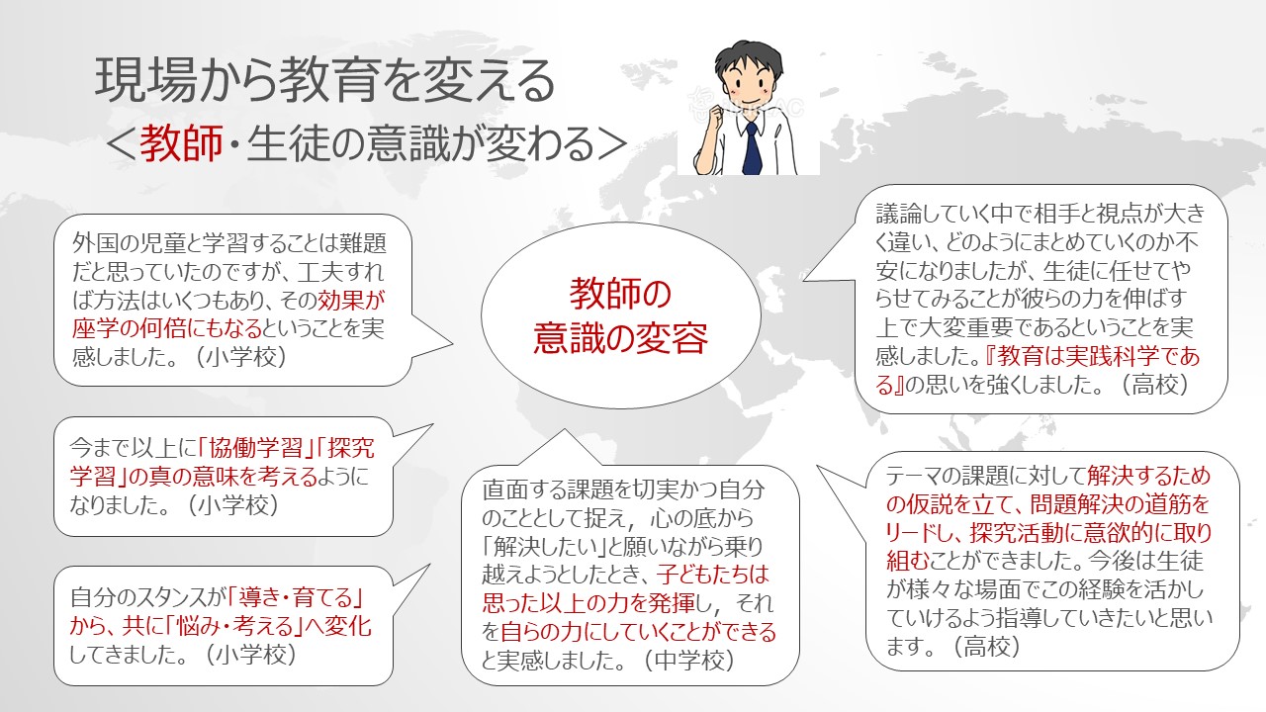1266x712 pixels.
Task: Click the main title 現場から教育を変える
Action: [325, 81]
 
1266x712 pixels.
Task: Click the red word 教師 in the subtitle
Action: [181, 143]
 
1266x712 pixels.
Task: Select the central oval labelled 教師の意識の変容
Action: [620, 314]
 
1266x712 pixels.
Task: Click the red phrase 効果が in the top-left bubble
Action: [351, 300]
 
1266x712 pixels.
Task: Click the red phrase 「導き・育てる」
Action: [296, 597]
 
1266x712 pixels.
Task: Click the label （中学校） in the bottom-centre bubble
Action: [689, 660]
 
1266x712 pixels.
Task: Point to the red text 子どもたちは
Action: [713, 575]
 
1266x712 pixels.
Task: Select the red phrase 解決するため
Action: [1148, 476]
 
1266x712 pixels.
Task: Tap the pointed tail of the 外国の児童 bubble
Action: [452, 343]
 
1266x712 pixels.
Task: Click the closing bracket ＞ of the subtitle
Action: [612, 144]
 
